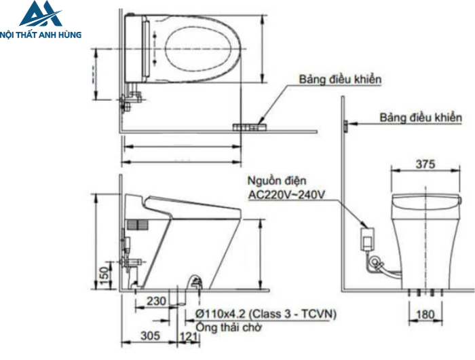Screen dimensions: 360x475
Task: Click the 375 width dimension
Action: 425,164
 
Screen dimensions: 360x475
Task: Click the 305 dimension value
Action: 152,335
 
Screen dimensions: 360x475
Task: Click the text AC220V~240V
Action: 287,195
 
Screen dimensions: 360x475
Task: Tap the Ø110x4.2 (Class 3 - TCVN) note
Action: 265,314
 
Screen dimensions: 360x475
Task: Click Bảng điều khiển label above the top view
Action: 341,79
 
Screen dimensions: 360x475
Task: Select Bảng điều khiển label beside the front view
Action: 420,118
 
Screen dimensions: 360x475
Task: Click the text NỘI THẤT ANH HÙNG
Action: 41,33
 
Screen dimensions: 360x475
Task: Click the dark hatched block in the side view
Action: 137,226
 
